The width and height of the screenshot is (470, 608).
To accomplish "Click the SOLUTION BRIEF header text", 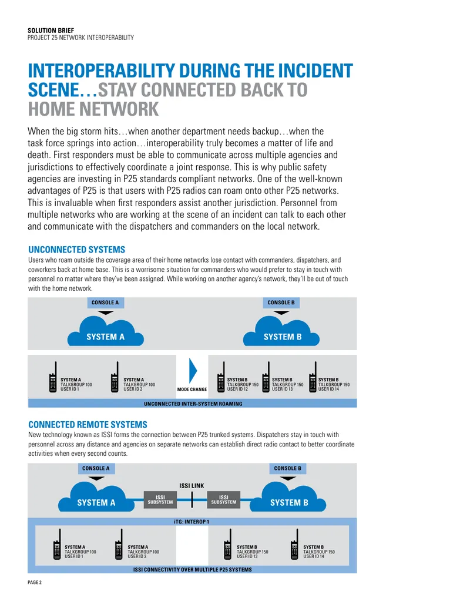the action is pos(51,30).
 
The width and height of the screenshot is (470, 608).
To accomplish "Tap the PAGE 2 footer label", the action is pos(35,582).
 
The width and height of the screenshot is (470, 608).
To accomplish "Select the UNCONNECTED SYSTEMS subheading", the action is pos(77,249).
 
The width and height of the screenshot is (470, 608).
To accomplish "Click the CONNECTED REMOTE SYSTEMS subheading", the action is pos(88,424).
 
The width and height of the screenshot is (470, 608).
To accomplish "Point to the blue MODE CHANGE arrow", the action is pos(193,371).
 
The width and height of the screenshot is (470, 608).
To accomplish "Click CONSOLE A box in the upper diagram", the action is pos(105,303).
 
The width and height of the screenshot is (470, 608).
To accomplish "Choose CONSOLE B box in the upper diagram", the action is pos(281,303).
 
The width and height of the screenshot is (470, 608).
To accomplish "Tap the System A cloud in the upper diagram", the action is pos(106,331).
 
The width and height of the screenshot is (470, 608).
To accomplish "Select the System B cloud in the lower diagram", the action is pos(288,497).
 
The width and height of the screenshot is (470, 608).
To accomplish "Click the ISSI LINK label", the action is pos(192,485).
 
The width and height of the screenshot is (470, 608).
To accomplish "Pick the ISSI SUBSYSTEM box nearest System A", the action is pos(160,499).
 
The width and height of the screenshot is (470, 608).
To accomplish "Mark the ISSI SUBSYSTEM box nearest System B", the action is pos(224,499).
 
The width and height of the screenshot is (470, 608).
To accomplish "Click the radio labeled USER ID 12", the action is pos(221,377).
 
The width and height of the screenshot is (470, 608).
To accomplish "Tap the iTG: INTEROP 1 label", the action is pos(192,522).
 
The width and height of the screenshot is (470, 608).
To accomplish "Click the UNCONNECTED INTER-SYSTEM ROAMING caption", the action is pos(193,404).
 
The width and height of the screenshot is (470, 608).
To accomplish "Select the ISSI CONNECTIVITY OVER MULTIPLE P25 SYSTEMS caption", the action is pos(192,570).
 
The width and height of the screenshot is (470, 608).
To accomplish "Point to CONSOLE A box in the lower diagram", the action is pos(96,468).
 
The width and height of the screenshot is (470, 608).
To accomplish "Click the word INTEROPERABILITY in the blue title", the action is pos(101,70).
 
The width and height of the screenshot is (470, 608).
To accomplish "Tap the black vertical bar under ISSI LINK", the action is pos(192,500).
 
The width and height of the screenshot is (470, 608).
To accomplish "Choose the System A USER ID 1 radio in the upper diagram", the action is pos(53,377).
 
